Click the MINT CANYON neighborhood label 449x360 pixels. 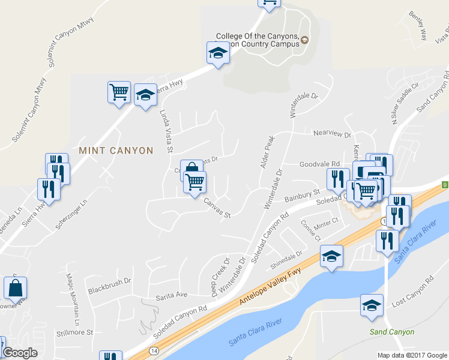click(x=116, y=151)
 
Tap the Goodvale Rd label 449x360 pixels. click(x=319, y=163)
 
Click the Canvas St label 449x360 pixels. click(x=217, y=208)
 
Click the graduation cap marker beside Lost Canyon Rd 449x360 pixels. click(x=372, y=305)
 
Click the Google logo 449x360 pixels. click(x=20, y=353)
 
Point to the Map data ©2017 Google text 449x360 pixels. click(x=412, y=355)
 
